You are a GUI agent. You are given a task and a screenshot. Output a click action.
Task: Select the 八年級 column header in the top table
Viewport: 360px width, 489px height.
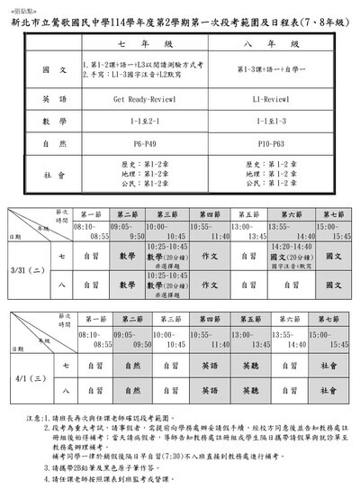point(270,42)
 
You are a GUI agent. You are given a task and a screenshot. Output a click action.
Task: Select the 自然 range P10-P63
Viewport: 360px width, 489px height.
point(270,141)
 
